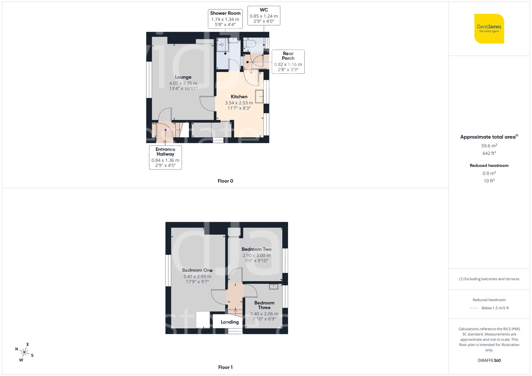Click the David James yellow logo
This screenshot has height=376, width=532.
pyautogui.click(x=489, y=29)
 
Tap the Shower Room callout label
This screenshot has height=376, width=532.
pyautogui.click(x=225, y=19)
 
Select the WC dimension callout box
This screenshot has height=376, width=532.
pyautogui.click(x=264, y=16)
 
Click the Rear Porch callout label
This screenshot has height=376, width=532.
pyautogui.click(x=288, y=61)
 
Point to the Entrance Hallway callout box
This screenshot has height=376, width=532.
pyautogui.click(x=165, y=157)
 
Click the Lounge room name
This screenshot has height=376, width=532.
pyautogui.click(x=183, y=77)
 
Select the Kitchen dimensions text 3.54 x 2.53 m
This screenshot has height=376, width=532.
pyautogui.click(x=239, y=103)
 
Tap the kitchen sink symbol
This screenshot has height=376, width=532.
pyautogui.click(x=259, y=96)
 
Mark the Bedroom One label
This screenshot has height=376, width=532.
pyautogui.click(x=197, y=270)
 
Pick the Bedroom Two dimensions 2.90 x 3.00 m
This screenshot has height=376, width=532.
pyautogui.click(x=256, y=255)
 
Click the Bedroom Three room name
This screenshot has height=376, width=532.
pyautogui.click(x=264, y=305)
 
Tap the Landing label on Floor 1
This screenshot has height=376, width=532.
pyautogui.click(x=230, y=322)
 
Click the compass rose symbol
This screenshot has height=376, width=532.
pyautogui.click(x=24, y=353)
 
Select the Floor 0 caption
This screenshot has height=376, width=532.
pyautogui.click(x=225, y=181)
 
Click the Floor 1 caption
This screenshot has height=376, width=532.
pyautogui.click(x=225, y=367)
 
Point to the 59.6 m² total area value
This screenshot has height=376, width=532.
pyautogui.click(x=489, y=146)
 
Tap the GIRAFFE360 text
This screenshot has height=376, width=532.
pyautogui.click(x=489, y=360)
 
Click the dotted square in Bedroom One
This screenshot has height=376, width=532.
pyautogui.click(x=203, y=319)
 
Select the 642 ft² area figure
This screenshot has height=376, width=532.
pyautogui.click(x=489, y=153)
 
